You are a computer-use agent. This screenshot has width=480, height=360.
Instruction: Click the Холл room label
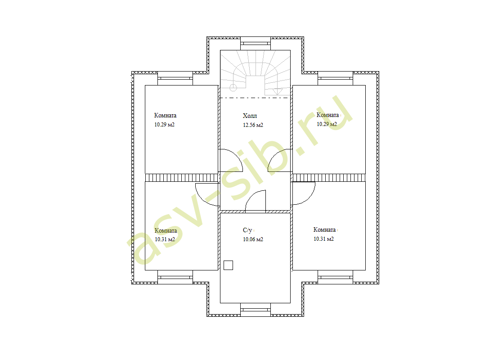(250, 116)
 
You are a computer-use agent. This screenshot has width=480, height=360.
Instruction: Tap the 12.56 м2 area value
(253, 125)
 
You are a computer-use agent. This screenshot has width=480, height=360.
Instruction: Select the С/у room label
(247, 230)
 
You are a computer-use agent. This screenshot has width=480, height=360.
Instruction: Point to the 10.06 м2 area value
(253, 239)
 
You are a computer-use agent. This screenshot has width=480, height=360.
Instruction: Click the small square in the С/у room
(228, 265)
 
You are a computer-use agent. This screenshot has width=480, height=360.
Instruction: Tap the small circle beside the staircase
(233, 88)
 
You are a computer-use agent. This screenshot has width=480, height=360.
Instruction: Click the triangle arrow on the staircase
(278, 91)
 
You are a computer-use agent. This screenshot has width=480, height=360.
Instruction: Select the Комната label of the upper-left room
(165, 115)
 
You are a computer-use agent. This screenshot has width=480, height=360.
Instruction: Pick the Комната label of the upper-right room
(327, 115)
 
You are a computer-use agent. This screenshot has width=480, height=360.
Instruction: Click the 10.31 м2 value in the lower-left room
(165, 239)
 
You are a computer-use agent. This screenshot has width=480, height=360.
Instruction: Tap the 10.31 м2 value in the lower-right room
(323, 239)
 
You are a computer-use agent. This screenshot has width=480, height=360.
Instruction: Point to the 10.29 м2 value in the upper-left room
(164, 125)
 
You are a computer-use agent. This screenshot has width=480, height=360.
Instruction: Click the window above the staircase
(256, 44)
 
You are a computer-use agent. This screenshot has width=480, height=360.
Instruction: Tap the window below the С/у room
(256, 310)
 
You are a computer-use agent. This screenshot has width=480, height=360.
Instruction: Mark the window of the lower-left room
(175, 277)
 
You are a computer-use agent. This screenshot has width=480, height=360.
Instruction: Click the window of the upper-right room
(335, 78)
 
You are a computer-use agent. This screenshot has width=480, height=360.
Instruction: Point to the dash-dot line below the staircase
(255, 98)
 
